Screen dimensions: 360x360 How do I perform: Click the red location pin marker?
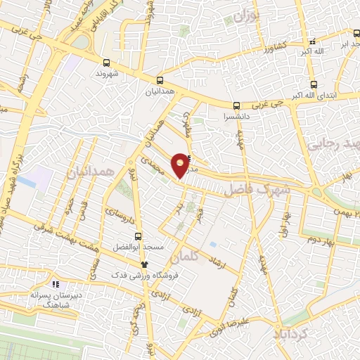point(181,165)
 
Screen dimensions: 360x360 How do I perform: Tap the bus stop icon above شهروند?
point(105,61)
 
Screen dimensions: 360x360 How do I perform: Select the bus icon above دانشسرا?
point(236,103)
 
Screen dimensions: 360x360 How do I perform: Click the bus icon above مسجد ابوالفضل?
point(138,237)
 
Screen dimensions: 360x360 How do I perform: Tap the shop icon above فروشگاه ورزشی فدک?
point(144,264)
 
